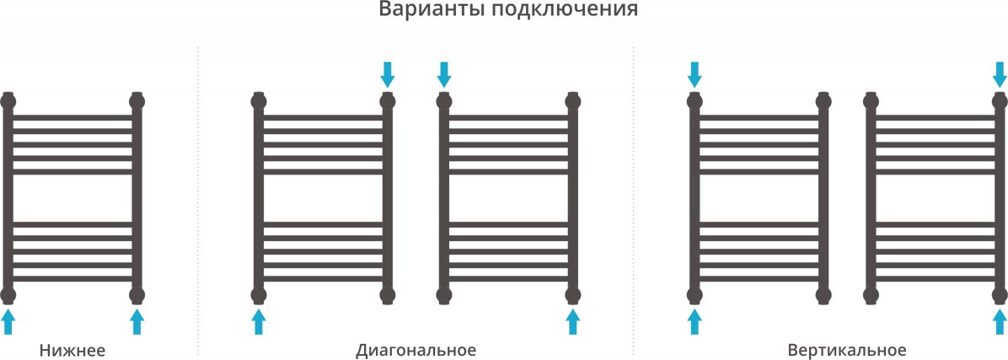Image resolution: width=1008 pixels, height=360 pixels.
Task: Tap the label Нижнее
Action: (x=72, y=351)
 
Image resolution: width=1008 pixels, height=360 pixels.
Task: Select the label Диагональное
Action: (x=416, y=351)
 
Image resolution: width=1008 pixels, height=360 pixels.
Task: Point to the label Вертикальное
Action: (x=847, y=351)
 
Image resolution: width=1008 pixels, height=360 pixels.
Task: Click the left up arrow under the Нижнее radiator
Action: (x=8, y=321)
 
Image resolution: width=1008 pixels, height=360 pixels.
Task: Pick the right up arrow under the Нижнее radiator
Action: (x=137, y=321)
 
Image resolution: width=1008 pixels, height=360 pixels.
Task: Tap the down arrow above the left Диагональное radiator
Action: (x=388, y=74)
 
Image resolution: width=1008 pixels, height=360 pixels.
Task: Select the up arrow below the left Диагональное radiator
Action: (x=259, y=321)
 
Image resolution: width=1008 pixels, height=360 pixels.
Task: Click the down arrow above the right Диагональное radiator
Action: (x=443, y=74)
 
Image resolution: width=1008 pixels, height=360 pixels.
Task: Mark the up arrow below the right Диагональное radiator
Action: (x=573, y=321)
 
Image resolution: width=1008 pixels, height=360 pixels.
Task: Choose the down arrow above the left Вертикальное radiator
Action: (x=694, y=74)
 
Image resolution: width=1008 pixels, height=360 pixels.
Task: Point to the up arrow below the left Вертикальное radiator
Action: (x=694, y=321)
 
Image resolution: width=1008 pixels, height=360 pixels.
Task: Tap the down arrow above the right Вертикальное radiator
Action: (x=1000, y=74)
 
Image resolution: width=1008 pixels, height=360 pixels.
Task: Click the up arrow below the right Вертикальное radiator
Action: (x=1000, y=321)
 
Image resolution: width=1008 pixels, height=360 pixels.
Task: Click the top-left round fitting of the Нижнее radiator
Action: (x=8, y=101)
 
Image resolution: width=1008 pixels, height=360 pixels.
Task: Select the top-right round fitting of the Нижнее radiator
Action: (x=137, y=101)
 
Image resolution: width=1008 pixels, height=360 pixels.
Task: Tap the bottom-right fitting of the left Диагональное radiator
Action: (x=388, y=296)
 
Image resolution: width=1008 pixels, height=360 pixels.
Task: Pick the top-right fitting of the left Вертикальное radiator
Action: (x=823, y=101)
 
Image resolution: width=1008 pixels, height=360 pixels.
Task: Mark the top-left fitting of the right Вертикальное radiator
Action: (x=871, y=101)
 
